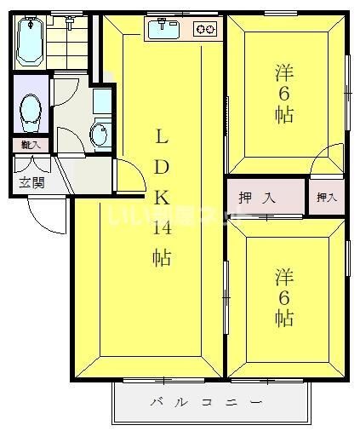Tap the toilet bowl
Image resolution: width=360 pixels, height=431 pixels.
tap(31, 109)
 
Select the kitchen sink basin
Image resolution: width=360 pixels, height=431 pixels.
tap(162, 31)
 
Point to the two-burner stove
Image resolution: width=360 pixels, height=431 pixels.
tap(205, 31)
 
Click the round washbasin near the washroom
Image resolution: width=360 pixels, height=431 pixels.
tap(100, 132)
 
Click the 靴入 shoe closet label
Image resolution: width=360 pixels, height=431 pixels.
tap(31, 145)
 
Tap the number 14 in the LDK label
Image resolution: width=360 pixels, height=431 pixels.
tap(163, 227)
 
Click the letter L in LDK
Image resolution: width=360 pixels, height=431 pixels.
tap(161, 137)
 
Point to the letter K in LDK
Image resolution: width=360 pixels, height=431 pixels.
tap(161, 198)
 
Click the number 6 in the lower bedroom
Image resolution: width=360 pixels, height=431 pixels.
tap(284, 297)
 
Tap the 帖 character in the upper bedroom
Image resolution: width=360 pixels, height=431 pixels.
tap(284, 115)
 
